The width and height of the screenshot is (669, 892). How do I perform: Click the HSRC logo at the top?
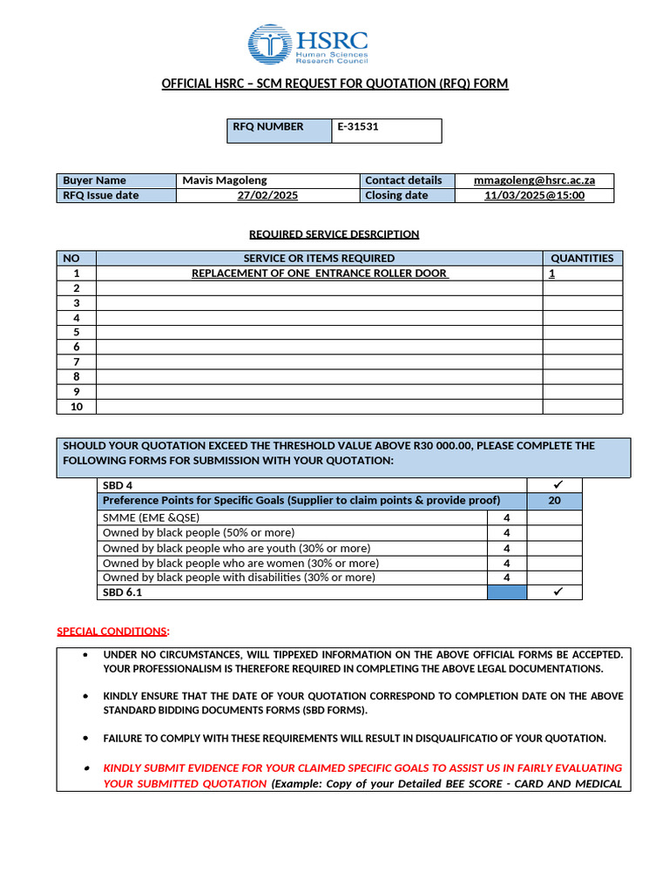(x=308, y=44)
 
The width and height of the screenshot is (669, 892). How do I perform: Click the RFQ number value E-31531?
(x=358, y=127)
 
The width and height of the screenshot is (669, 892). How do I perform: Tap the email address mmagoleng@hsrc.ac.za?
(x=534, y=180)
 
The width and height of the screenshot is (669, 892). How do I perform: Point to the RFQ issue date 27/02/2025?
(x=267, y=196)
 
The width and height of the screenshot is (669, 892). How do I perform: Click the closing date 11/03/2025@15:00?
(x=534, y=196)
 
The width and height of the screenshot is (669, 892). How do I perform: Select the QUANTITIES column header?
(x=582, y=258)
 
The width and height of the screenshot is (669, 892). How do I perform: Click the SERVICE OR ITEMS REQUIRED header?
(x=319, y=258)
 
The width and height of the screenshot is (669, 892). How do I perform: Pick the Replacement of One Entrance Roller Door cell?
(x=319, y=274)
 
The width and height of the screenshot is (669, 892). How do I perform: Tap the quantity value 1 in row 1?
(x=551, y=274)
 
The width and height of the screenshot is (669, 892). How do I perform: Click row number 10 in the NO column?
(x=76, y=407)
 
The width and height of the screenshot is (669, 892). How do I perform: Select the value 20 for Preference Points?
(x=554, y=500)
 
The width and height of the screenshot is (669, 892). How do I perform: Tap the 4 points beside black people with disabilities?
(x=506, y=578)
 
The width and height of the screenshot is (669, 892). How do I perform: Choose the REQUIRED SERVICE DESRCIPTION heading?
(x=334, y=234)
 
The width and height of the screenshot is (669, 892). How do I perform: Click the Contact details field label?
(x=403, y=180)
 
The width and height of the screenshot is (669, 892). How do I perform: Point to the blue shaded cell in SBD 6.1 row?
(x=506, y=592)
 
